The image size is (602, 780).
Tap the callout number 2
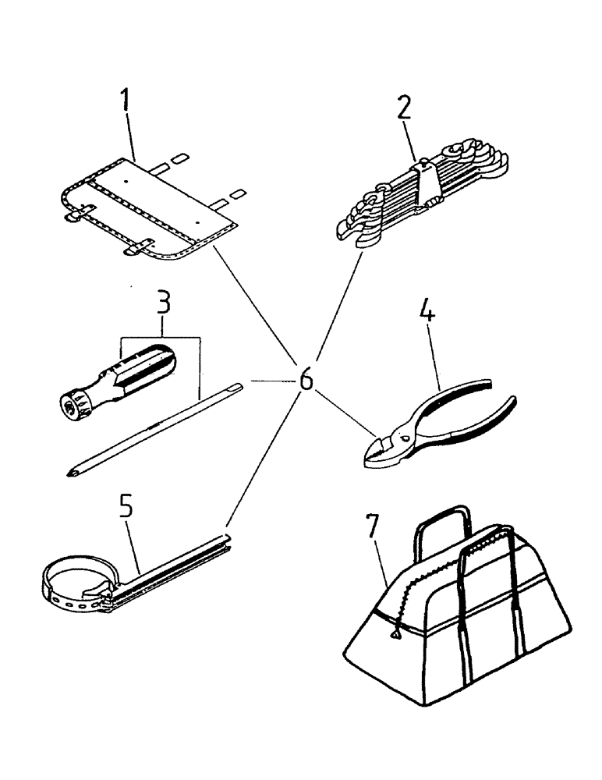coord(402,108)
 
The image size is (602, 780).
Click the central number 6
coord(306,381)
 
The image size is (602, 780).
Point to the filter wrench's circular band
coord(66,581)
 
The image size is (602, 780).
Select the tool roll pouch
coord(148,207)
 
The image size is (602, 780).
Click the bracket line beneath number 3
coord(161,337)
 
